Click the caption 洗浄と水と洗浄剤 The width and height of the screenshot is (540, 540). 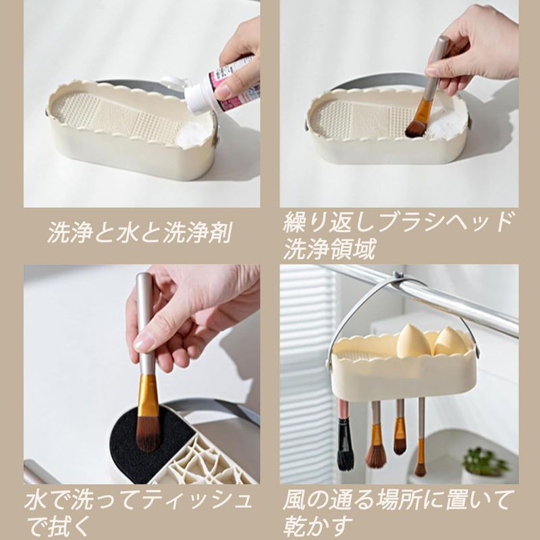click(139, 232)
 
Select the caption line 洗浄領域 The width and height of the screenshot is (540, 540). click(329, 249)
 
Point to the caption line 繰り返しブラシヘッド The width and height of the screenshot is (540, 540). click(398, 223)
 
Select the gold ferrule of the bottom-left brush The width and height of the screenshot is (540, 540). click(147, 394)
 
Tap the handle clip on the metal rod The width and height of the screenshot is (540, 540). click(399, 278)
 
